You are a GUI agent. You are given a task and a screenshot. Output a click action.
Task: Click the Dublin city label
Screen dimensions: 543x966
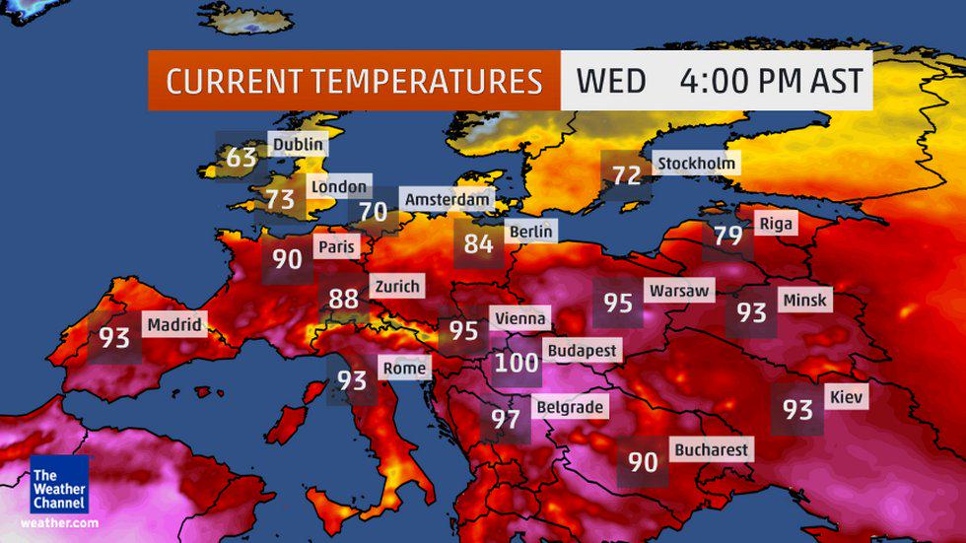297,145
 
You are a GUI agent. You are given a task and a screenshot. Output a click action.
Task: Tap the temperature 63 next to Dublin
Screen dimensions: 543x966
241,158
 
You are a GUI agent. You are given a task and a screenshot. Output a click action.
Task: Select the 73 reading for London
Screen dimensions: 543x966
280,200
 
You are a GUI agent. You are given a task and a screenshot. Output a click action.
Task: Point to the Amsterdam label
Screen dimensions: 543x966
447,199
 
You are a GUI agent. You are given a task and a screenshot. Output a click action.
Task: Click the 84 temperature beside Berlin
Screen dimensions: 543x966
478,242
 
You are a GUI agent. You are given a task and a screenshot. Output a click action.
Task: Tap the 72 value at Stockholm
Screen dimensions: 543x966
627,175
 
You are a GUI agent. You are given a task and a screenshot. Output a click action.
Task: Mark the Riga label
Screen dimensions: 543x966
775,224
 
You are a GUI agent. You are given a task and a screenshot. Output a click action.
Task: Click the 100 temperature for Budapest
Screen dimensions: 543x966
517,363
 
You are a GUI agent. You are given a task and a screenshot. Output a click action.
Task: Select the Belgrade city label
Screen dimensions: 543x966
569,406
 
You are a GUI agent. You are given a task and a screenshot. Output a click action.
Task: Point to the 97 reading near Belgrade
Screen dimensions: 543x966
506,419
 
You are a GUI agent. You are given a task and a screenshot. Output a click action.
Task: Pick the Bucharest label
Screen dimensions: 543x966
711,449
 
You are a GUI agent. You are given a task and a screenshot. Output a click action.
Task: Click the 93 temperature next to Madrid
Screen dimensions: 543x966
114,338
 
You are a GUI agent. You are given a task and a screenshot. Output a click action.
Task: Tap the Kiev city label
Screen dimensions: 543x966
847,396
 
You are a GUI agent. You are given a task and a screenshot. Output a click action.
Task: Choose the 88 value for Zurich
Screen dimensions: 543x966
343,299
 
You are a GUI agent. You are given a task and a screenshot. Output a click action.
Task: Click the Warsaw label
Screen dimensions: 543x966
678,291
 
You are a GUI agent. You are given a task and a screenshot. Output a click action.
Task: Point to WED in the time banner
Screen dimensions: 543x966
610,81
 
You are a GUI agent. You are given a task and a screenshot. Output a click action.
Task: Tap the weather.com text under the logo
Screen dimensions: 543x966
58,522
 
